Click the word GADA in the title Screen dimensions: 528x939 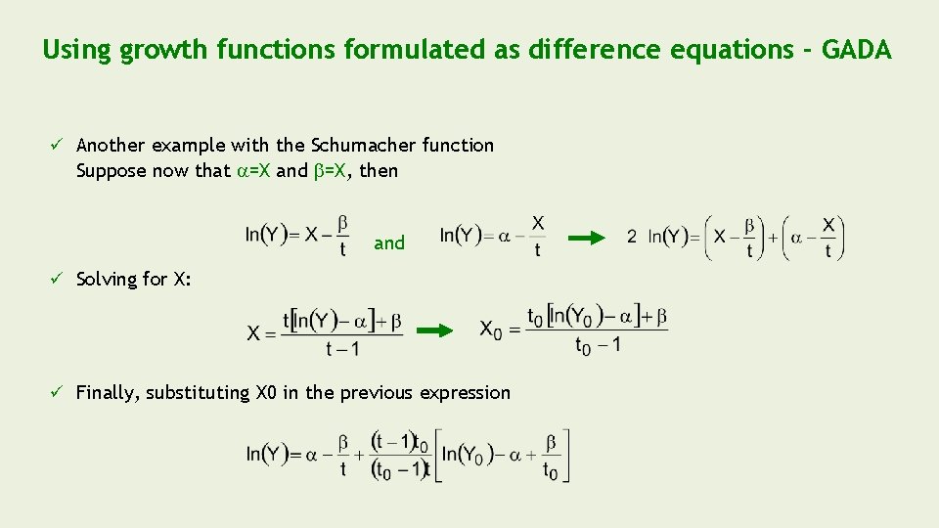[x=857, y=50]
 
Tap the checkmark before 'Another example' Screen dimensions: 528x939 [x=58, y=146]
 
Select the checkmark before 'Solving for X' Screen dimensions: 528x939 [x=58, y=280]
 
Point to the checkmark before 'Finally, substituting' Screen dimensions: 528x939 [x=58, y=393]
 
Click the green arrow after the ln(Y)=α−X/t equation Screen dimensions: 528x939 [x=587, y=237]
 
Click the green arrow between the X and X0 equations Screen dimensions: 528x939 [x=436, y=330]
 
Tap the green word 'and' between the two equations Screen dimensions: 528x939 [x=389, y=243]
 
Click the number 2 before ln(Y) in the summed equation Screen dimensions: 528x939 [x=632, y=237]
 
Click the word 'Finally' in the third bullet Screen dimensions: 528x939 [x=108, y=393]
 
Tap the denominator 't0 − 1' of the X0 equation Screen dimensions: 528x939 [x=598, y=346]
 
